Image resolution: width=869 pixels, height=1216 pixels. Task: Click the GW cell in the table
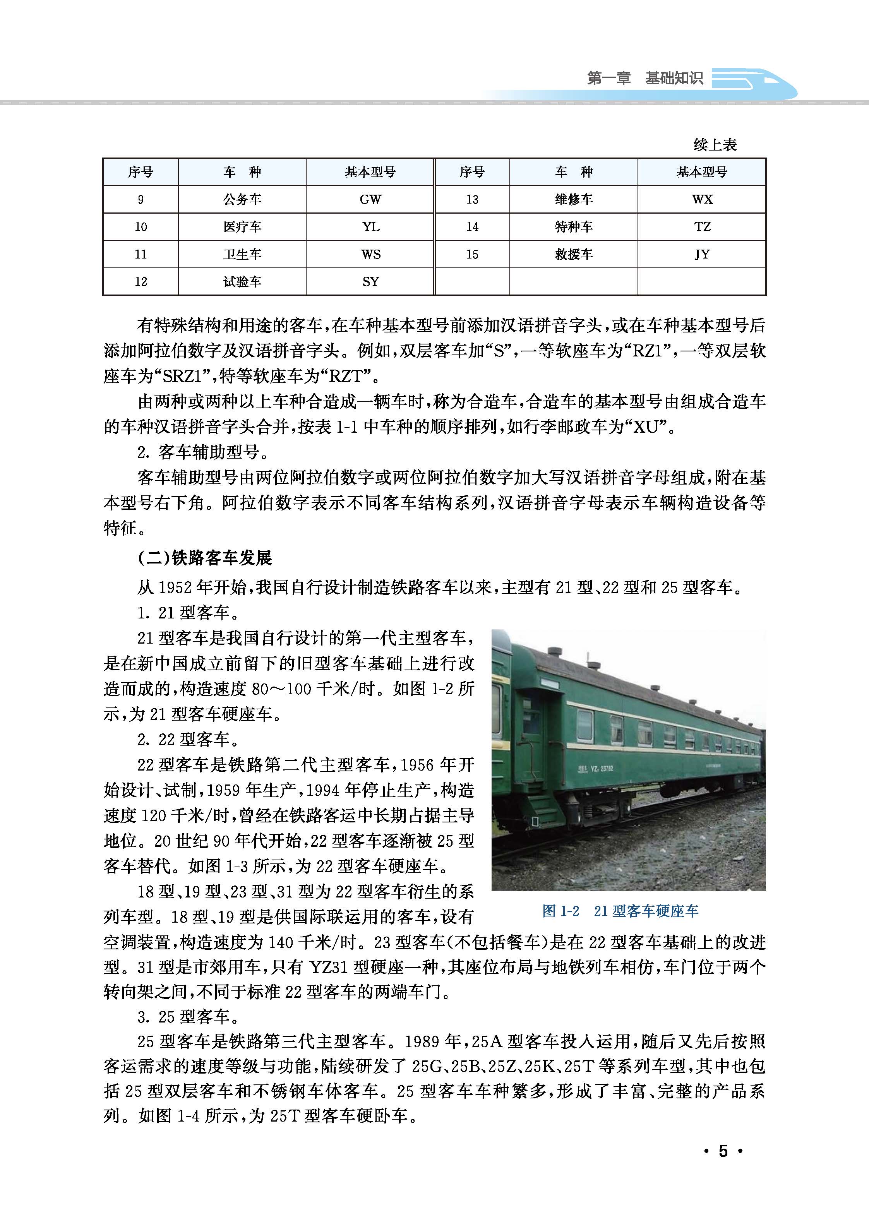(370, 200)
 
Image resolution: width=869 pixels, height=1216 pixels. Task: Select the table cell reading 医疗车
(242, 227)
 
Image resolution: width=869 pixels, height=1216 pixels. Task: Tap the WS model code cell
(370, 254)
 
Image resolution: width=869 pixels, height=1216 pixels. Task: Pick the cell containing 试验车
(242, 281)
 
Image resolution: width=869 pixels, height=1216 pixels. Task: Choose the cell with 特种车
(574, 227)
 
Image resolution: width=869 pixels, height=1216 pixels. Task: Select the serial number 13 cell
(472, 200)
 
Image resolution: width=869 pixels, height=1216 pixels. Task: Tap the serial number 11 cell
(141, 254)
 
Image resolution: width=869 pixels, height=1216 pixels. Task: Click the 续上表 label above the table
(715, 144)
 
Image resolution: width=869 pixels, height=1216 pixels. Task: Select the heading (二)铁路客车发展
(205, 558)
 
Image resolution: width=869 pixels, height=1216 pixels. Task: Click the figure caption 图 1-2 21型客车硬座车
(620, 911)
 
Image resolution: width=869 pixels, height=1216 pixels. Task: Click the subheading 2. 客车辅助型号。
(203, 452)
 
